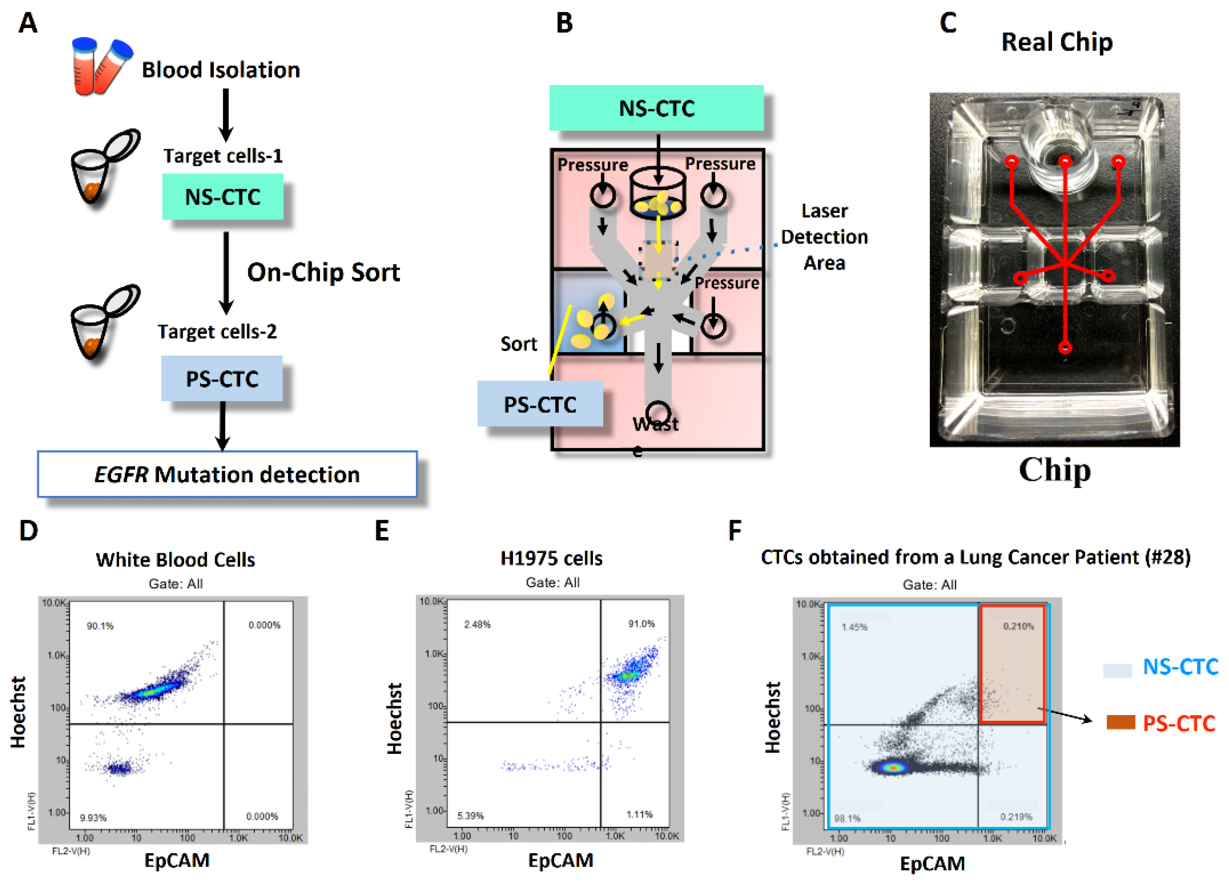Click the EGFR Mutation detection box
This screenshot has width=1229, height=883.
pos(227,474)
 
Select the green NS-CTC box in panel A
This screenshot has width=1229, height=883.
pos(223,197)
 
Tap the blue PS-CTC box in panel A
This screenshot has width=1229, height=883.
pos(221,379)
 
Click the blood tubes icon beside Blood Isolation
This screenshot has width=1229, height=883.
pos(102,66)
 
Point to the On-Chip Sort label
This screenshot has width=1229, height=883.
pos(323,272)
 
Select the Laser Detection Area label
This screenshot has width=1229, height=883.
pos(824,237)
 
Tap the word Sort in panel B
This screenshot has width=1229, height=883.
pos(518,344)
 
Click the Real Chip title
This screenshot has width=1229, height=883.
pos(1057,42)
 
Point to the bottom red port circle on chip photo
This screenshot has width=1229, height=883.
pos(1065,348)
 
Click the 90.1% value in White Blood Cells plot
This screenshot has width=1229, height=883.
pos(100,626)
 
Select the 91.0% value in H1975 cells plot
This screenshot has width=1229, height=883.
pos(641,624)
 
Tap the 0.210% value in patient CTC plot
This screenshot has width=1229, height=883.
pos(1018,626)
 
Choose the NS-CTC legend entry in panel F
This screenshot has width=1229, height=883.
pos(1180,667)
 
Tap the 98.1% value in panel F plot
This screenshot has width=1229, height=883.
pos(847,818)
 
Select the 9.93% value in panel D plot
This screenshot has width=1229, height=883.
pos(93,817)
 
